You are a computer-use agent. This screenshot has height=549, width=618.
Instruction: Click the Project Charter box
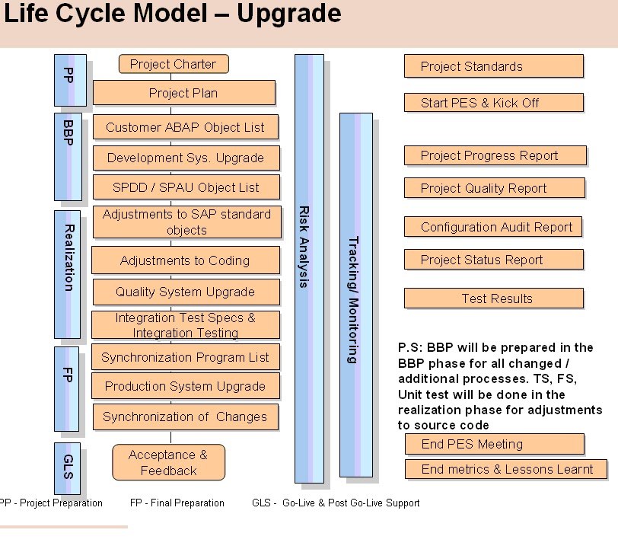(x=174, y=64)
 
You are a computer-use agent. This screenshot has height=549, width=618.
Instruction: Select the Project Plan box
(x=183, y=93)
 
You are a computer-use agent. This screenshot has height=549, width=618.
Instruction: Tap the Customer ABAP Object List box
(x=185, y=127)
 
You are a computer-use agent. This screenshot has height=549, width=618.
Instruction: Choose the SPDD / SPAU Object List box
(x=186, y=187)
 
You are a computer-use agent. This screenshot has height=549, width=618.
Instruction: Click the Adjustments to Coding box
(x=185, y=260)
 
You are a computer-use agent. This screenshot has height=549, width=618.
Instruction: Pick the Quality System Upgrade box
(x=185, y=292)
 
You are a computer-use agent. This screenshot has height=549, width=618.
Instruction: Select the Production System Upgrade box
(x=185, y=386)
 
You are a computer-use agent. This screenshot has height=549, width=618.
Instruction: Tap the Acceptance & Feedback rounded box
(x=168, y=463)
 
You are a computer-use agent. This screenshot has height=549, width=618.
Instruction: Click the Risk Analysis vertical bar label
(x=303, y=247)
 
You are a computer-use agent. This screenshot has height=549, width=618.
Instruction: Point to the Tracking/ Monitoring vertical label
(x=353, y=299)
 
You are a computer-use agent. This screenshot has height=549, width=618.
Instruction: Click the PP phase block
(x=69, y=79)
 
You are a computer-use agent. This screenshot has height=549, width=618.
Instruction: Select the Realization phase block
(x=68, y=273)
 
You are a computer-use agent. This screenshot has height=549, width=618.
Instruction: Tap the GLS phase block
(x=67, y=467)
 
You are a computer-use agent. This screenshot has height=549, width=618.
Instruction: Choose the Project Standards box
(x=493, y=66)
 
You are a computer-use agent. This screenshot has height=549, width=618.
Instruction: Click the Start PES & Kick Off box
(x=493, y=103)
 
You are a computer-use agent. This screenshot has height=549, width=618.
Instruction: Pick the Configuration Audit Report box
(x=496, y=227)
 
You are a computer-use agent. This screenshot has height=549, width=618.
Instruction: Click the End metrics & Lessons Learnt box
(x=505, y=469)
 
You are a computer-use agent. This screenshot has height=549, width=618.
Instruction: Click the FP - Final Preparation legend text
(x=177, y=503)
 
